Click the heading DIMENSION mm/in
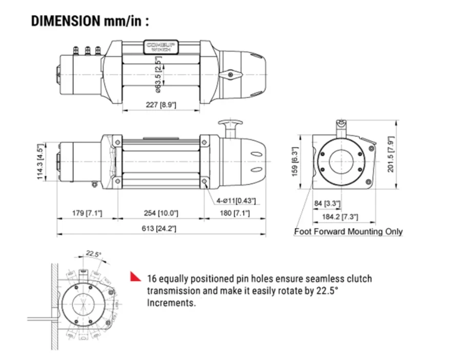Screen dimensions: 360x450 pos(90,21)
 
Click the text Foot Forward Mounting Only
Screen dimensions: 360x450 pos(349,232)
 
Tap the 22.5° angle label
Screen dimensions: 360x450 pos(93,254)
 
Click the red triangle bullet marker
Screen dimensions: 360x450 pos(135,277)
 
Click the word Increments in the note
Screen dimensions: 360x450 pos(171,303)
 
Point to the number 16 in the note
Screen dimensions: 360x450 pos(152,279)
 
